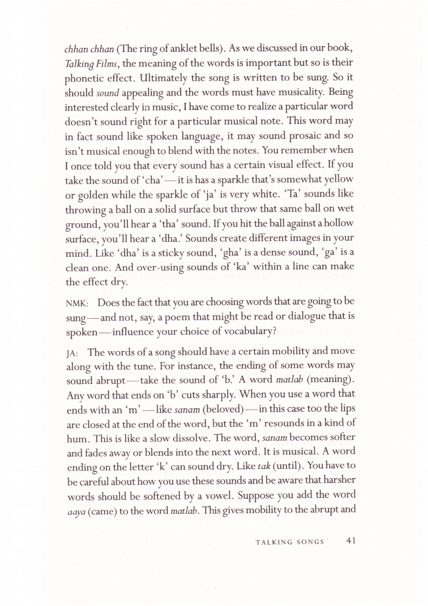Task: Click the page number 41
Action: pyautogui.click(x=350, y=542)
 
